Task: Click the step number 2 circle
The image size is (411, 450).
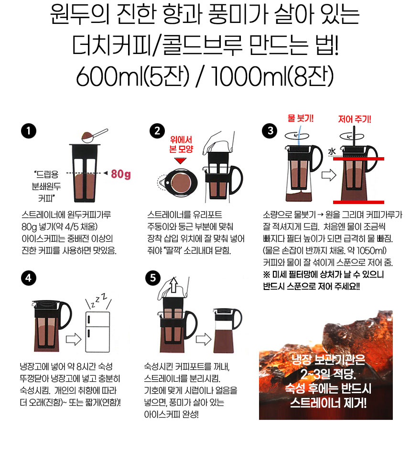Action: (x=156, y=131)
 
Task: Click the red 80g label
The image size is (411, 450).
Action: (x=120, y=174)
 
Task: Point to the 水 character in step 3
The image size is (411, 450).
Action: (x=332, y=151)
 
